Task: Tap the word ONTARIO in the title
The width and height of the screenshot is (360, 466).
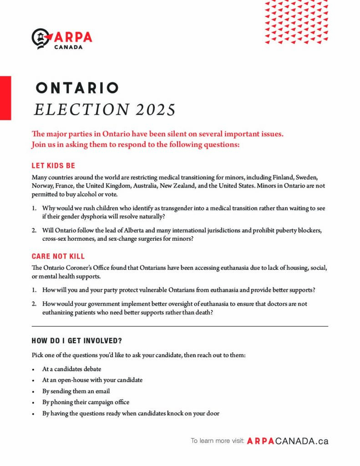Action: (77, 88)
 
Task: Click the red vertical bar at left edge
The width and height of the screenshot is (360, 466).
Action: (5, 98)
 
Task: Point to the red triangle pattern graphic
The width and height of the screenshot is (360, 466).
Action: (296, 22)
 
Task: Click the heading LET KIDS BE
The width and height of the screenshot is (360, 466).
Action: (53, 166)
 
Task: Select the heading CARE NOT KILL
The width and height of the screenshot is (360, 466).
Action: (58, 256)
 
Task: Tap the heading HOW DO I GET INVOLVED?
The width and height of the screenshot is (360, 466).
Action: (76, 340)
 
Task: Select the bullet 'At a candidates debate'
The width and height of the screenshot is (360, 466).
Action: (72, 369)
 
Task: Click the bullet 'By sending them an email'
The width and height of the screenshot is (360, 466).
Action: (76, 391)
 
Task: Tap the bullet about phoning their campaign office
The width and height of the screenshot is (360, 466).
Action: (86, 402)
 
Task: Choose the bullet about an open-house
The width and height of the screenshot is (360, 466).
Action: (92, 380)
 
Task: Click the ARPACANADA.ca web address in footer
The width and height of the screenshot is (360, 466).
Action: (288, 441)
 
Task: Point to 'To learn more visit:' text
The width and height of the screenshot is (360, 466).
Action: (218, 441)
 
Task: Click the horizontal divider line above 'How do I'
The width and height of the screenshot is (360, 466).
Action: (180, 326)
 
